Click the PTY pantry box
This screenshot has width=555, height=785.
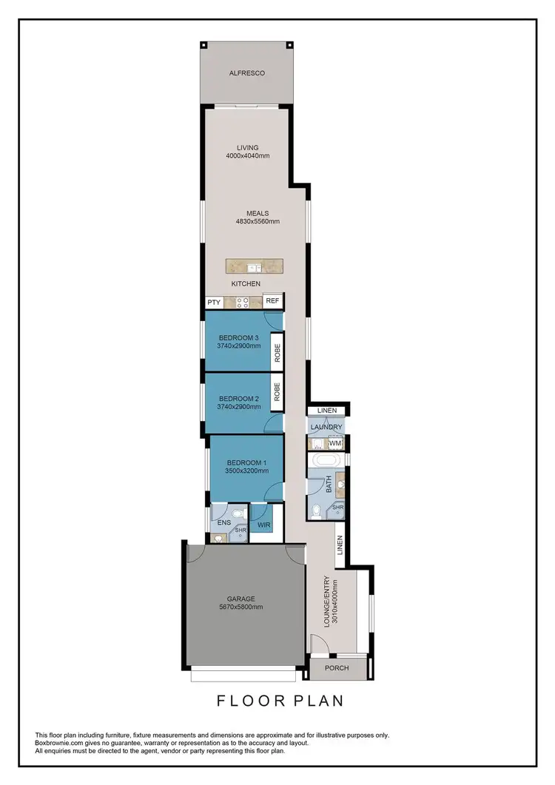point(214,302)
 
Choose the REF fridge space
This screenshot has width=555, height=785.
point(272,301)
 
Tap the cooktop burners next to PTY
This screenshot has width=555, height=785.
point(243,302)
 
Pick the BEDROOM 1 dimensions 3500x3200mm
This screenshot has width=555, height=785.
point(247,471)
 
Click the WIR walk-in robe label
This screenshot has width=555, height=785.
point(263,525)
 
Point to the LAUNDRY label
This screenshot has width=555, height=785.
point(326,428)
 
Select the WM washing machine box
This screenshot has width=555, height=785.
point(335,443)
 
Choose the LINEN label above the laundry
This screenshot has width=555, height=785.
point(326,411)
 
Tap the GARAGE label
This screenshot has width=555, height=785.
point(241,599)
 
